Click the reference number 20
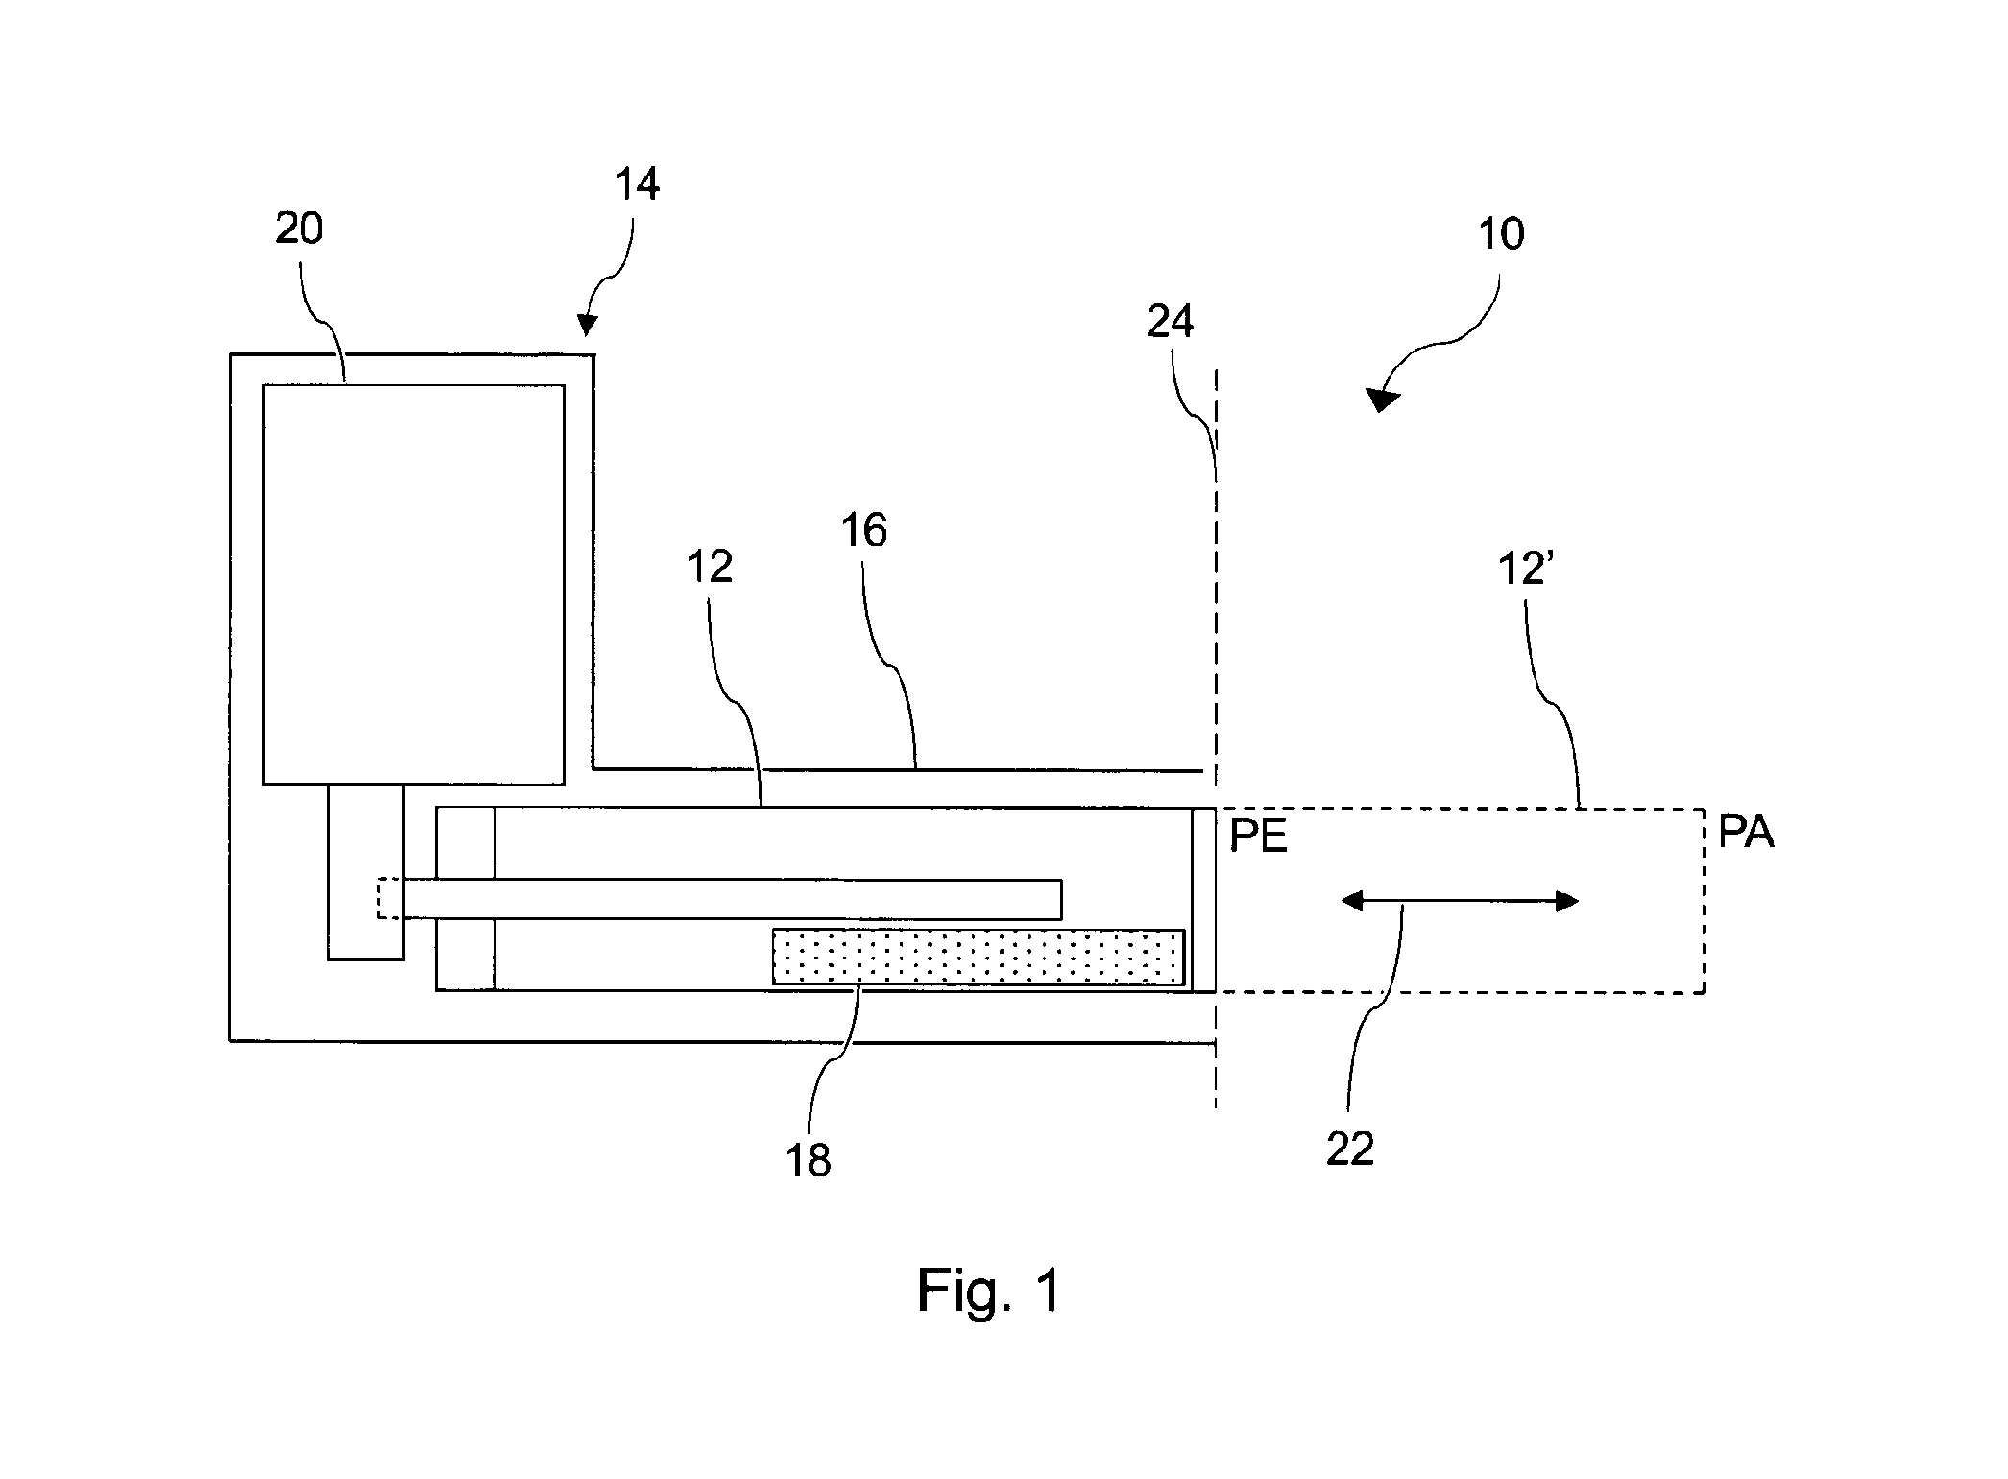point(299,230)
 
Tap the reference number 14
point(638,184)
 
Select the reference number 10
point(1501,233)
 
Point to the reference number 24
point(1171,322)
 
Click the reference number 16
point(864,530)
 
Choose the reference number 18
point(808,1160)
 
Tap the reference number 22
point(1350,1149)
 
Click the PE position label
point(1258,836)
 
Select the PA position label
point(1746,832)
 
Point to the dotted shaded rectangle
point(979,957)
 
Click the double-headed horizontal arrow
point(1460,901)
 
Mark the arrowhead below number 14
point(587,327)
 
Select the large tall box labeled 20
point(414,584)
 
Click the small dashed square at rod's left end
point(390,898)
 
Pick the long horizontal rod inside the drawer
point(733,898)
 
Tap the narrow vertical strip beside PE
point(1203,899)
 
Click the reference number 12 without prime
point(711,568)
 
